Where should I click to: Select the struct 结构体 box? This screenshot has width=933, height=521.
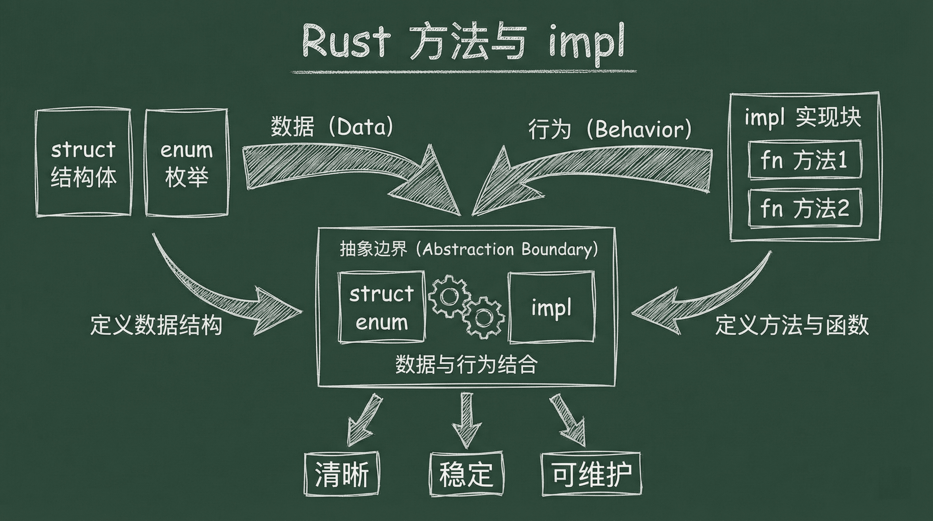tap(83, 163)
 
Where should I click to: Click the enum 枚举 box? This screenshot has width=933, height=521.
tap(186, 163)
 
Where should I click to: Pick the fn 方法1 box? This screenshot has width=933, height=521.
tap(805, 160)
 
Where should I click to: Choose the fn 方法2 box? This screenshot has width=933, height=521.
tap(805, 208)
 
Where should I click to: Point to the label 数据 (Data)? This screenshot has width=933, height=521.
tap(332, 127)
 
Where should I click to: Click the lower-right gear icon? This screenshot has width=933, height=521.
tap(482, 318)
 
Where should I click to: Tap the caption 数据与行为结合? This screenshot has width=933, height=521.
tap(466, 364)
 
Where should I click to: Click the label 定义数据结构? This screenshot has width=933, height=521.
tap(156, 325)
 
